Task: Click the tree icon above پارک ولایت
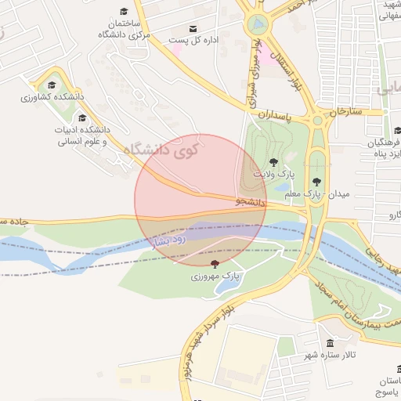pos(272,161)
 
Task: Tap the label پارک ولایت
pos(269,172)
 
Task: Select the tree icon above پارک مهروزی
pos(215,264)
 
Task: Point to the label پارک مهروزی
pos(215,276)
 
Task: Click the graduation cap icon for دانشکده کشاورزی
pos(52,85)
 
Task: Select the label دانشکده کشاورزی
pos(47,98)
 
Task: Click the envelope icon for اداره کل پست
pos(193,29)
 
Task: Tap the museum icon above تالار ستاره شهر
pos(330,344)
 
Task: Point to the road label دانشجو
pos(251,201)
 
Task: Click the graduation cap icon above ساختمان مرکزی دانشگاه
pos(124,11)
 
